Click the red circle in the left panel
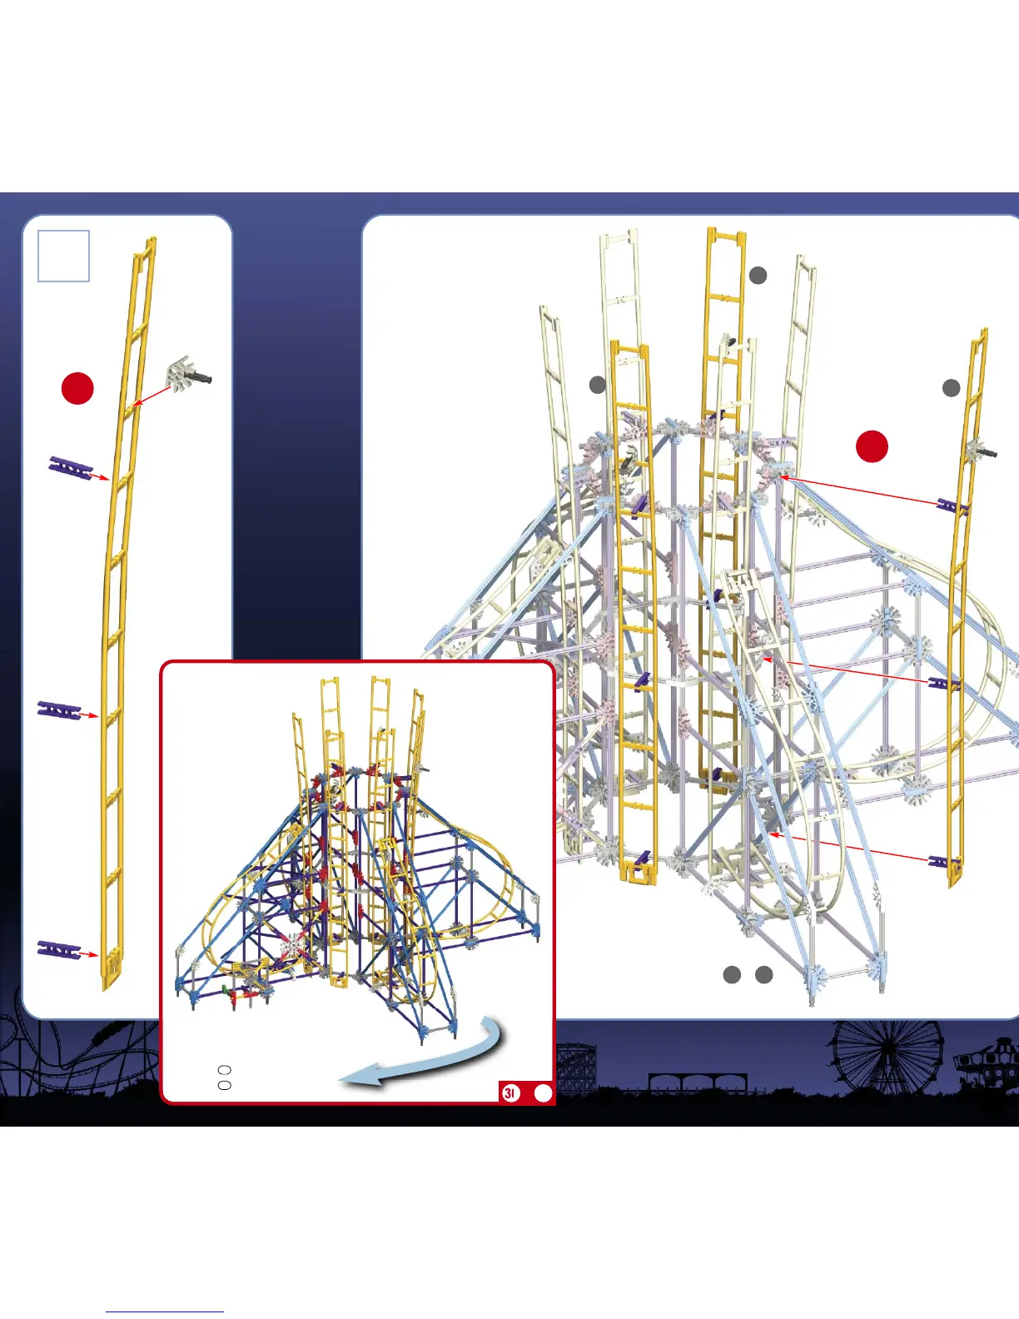coord(77,389)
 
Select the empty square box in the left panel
coord(64,256)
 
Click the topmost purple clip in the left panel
coord(71,467)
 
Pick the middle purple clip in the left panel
coord(59,709)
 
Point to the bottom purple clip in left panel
coord(59,949)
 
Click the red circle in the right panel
coord(872,446)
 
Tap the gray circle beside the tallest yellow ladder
coord(758,276)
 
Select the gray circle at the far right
coord(951,388)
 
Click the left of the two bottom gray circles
coord(732,975)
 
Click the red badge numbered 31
coord(510,1093)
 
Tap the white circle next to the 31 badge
coord(543,1093)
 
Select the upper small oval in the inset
coord(224,1069)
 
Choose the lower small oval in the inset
coord(224,1085)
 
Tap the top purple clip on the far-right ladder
coord(952,505)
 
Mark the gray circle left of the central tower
coord(598,384)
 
